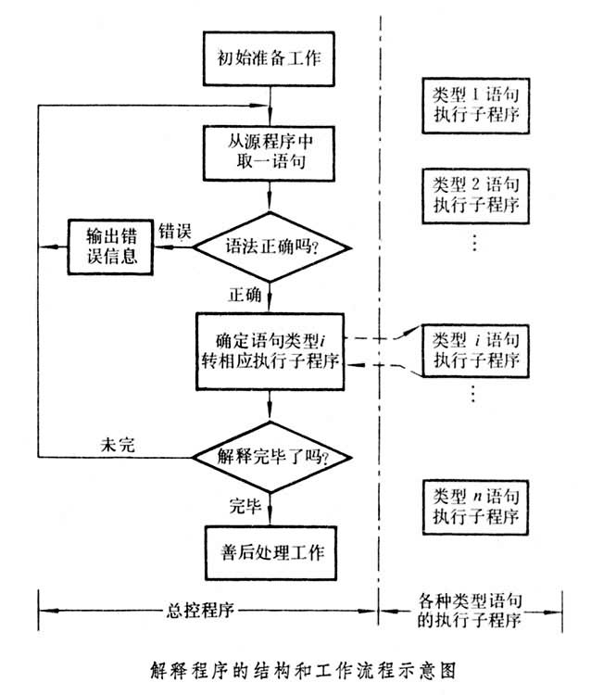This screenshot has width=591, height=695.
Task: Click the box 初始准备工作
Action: (270, 57)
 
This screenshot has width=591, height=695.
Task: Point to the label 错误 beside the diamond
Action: (175, 229)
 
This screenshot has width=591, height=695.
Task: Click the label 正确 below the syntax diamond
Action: (245, 295)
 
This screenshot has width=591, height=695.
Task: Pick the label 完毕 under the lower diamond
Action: (245, 504)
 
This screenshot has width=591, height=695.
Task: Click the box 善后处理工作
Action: (270, 552)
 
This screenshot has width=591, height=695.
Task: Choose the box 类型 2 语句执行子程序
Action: (476, 192)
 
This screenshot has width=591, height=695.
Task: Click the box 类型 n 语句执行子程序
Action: (476, 503)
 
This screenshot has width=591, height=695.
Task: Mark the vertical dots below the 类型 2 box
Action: (474, 243)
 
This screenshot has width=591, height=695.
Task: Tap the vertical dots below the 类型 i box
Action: (474, 393)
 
